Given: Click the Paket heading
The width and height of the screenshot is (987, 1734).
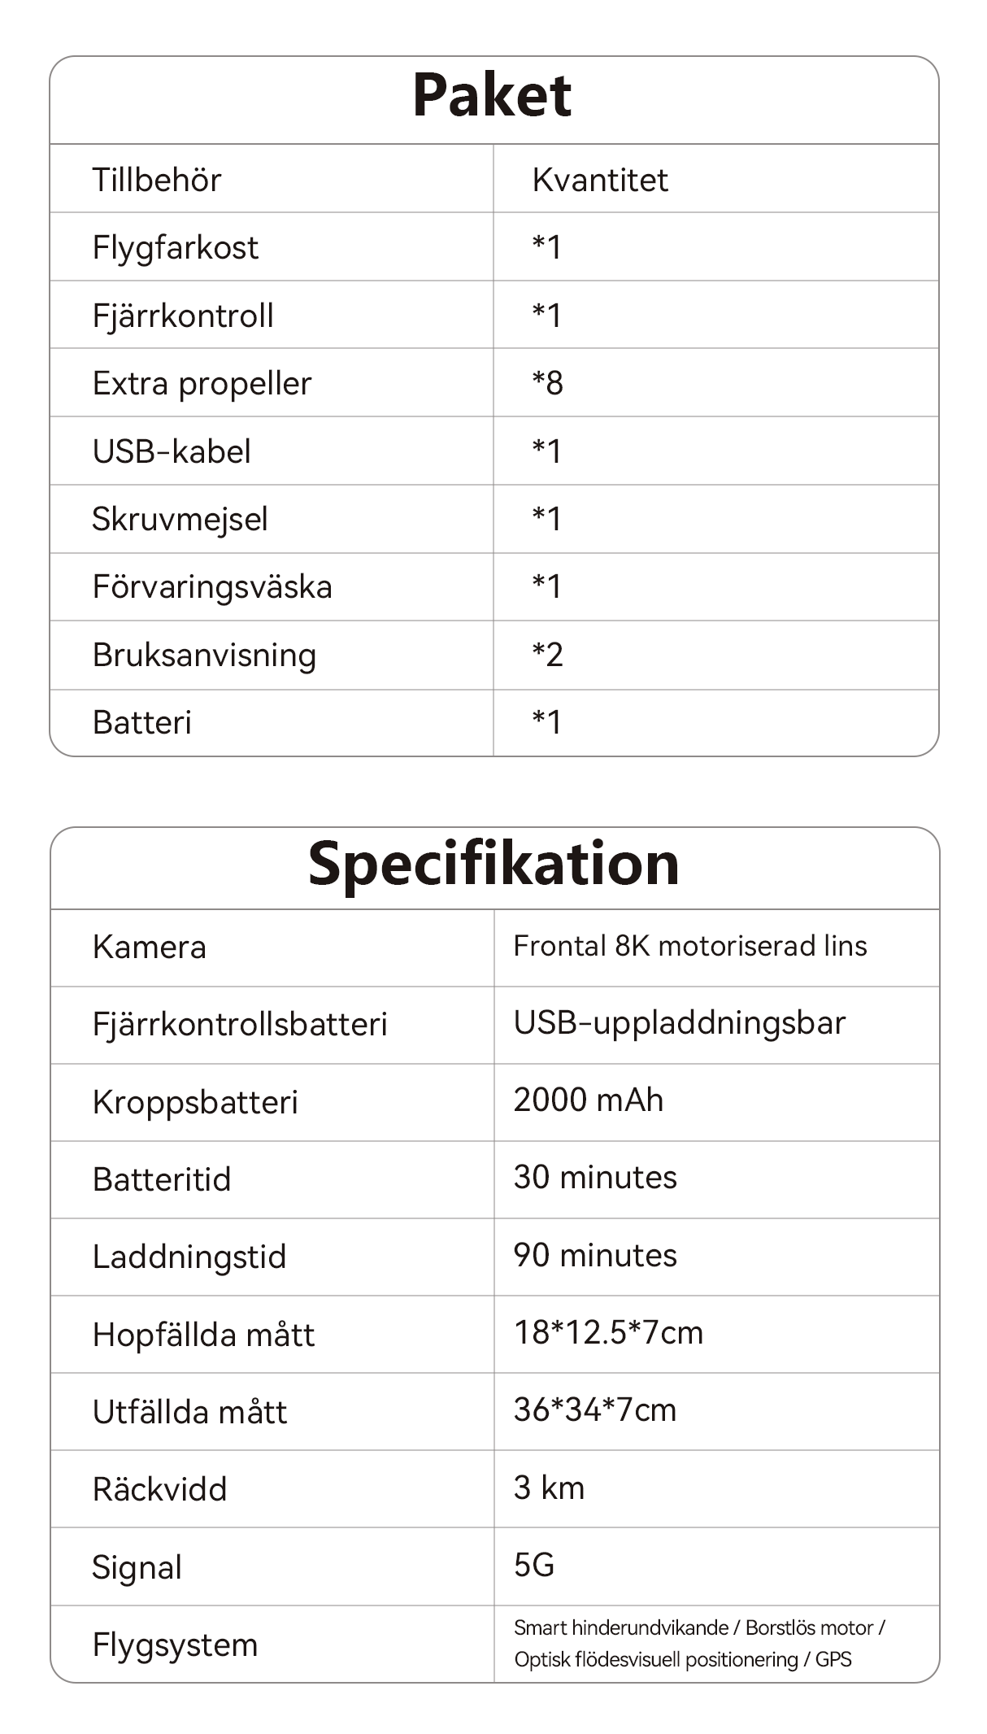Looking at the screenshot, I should pos(492,96).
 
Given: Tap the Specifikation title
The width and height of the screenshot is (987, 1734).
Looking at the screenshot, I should pos(493,864).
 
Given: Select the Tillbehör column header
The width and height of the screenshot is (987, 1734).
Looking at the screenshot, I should pos(156,180).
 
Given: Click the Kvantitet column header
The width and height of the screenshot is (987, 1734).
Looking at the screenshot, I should pos(600,180).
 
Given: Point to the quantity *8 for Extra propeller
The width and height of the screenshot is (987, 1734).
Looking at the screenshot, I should pos(547,383).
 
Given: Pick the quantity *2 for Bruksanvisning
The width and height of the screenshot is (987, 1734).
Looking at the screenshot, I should pos(547,655).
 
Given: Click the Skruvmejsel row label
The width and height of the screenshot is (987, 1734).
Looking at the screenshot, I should pos(180,519).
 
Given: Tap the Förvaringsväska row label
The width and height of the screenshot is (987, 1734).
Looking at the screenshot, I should pos(212,587).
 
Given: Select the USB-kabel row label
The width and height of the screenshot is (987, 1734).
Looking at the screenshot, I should pos(172,451).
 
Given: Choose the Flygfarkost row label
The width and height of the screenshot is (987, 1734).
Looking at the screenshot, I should pos(175,247).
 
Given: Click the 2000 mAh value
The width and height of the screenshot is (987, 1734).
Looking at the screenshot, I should pos(589,1100).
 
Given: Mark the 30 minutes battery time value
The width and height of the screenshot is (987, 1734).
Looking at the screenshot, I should pos(595,1178).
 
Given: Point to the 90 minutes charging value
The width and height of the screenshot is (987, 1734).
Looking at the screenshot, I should pos(595,1256).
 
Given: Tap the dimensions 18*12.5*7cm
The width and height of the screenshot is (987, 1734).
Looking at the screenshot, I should pos(608,1333).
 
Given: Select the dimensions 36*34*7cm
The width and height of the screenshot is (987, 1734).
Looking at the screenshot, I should pos(595,1410).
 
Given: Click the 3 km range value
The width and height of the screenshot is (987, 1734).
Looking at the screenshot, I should pos(549,1488).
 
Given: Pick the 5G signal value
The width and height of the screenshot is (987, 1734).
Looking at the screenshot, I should pos(534,1566).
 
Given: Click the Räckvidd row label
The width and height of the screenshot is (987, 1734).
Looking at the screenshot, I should pos(159,1490).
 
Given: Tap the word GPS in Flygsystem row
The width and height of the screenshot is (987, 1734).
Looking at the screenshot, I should pos(833,1660).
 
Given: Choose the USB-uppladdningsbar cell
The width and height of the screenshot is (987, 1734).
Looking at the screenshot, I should pos(680,1023).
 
